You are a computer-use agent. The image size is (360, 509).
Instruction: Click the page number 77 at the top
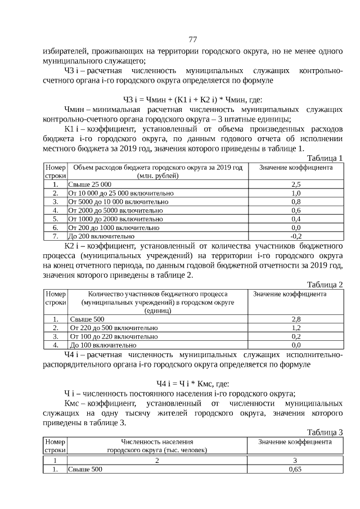tap(192, 39)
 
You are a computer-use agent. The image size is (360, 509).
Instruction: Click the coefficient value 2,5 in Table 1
tap(296, 184)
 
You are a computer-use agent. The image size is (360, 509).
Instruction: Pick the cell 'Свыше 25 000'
tap(90, 184)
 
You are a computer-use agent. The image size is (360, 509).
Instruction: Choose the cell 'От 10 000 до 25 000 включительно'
tap(120, 193)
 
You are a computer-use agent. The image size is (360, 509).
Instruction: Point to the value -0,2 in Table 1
tap(296, 236)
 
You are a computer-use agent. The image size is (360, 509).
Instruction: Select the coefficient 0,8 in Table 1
tap(296, 201)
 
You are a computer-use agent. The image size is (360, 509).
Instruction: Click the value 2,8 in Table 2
tap(296, 319)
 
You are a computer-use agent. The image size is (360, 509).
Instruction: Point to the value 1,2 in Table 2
tap(296, 328)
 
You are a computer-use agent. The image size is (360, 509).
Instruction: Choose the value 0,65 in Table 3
tap(295, 469)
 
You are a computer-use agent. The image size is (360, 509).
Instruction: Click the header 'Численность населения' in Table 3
tap(157, 442)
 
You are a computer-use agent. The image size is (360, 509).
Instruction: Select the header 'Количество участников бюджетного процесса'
tap(157, 294)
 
